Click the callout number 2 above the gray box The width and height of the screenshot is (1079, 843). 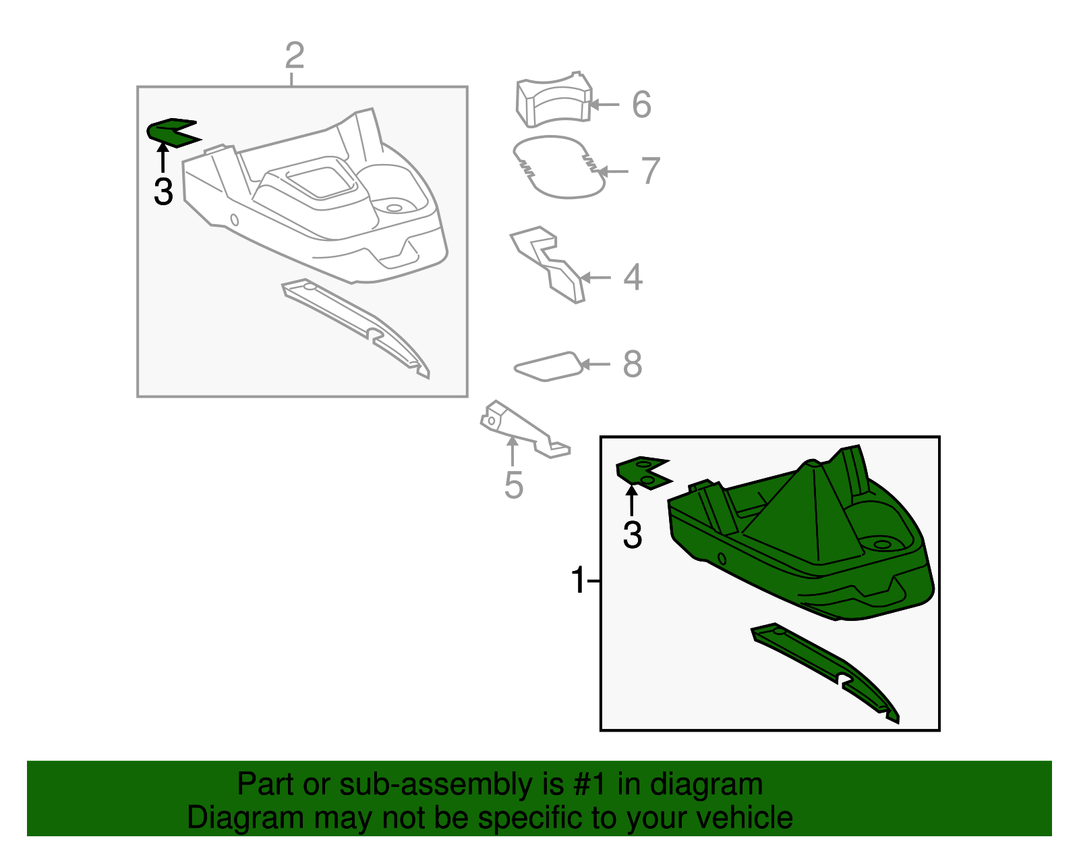click(x=295, y=55)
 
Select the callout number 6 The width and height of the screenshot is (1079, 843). click(x=641, y=105)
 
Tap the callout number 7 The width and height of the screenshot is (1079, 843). click(x=651, y=171)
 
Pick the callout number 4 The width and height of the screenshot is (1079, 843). click(x=633, y=277)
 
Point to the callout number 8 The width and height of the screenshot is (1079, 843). click(x=633, y=364)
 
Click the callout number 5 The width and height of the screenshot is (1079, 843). click(x=513, y=485)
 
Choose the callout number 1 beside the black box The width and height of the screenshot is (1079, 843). click(x=579, y=580)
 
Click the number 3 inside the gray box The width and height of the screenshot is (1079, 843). click(x=163, y=192)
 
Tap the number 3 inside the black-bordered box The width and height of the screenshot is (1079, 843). click(x=632, y=535)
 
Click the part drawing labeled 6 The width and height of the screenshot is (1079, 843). click(x=554, y=101)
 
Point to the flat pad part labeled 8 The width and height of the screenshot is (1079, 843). click(x=548, y=367)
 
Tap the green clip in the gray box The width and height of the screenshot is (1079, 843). click(x=172, y=133)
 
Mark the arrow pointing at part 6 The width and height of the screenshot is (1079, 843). click(x=604, y=105)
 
